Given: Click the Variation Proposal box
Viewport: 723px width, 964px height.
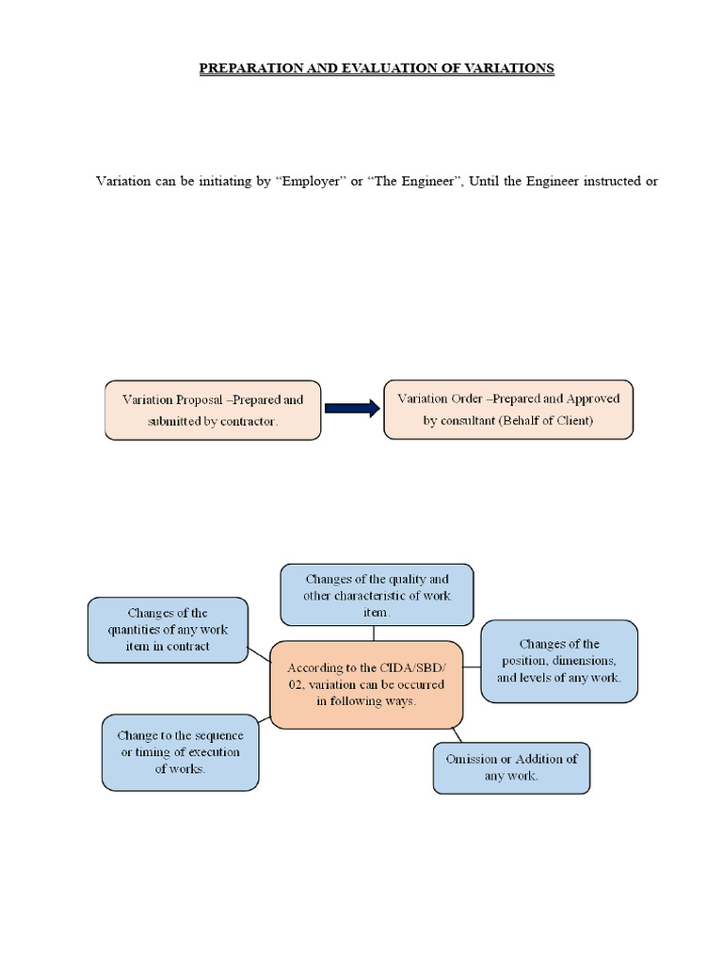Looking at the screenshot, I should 212,410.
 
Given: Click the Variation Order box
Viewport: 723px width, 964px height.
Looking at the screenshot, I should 508,410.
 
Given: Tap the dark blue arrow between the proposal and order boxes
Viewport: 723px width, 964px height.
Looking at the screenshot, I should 352,408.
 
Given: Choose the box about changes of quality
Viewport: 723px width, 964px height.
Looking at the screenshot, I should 376,595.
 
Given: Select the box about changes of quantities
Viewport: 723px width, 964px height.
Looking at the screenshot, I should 168,630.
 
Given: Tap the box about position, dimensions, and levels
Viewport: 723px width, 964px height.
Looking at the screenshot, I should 559,661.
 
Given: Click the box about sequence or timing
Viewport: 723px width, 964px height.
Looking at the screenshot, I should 180,751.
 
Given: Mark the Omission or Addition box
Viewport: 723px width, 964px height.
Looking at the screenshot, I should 511,767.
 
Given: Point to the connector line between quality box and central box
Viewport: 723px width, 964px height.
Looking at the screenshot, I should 373,633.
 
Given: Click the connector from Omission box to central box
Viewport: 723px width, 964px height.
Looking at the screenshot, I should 457,734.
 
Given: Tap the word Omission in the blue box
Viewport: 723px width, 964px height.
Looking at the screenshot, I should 477,759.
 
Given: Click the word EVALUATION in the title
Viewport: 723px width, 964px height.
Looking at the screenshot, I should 383,69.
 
